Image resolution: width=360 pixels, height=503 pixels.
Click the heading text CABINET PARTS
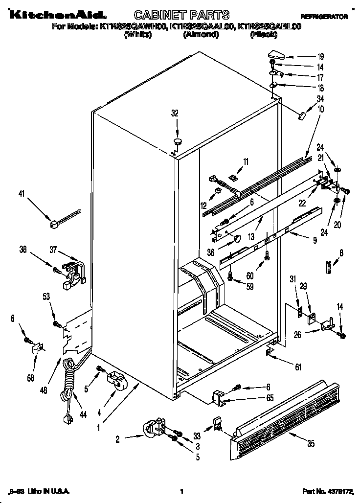175,16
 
